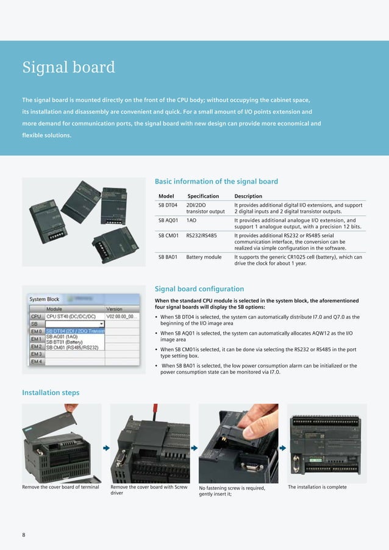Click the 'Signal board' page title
(x=68, y=67)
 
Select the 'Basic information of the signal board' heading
(x=216, y=181)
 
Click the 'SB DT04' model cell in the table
(x=168, y=205)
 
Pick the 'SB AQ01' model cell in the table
(x=168, y=220)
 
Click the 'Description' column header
(x=248, y=196)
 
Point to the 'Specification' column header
(x=202, y=196)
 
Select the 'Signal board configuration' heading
(x=199, y=288)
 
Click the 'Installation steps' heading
(x=51, y=392)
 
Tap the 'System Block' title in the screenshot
(x=45, y=299)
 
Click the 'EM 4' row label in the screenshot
(x=36, y=362)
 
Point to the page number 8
(x=24, y=535)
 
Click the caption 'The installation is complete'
(x=316, y=487)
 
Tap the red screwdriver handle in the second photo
(x=154, y=409)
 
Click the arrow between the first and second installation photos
(x=105, y=448)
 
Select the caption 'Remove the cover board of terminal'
(x=60, y=487)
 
